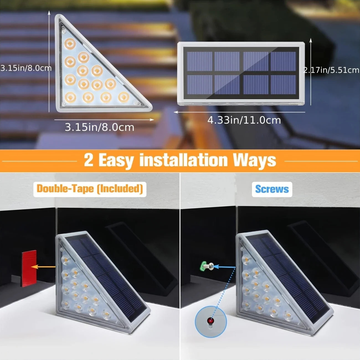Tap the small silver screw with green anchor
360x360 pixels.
pos(208,266)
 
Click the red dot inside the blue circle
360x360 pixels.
pos(211,321)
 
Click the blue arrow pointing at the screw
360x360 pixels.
pos(225,267)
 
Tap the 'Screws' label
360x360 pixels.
pos(272,189)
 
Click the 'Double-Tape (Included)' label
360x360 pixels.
pos(90,189)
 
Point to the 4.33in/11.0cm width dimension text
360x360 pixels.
pos(244,120)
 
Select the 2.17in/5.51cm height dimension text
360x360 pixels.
pos(331,70)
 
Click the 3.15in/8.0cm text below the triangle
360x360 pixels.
pos(99,127)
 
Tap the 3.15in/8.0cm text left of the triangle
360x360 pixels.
pos(26,68)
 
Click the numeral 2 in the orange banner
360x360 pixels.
pos(89,160)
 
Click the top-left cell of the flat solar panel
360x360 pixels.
pos(199,61)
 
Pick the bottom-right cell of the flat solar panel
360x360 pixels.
pos(283,84)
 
